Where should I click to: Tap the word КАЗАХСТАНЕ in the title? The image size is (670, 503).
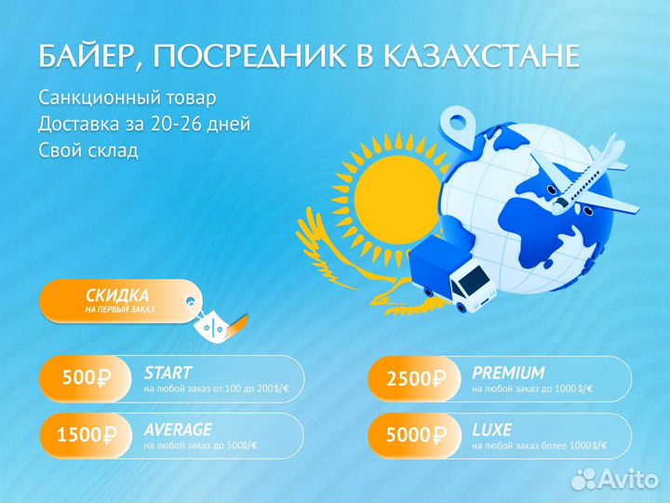pos(481,55)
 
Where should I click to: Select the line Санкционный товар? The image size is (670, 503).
pos(127,98)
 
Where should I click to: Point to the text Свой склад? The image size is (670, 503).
pos(88,150)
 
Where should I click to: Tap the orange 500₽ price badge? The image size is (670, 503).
pos(86,378)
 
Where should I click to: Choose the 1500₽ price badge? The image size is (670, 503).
pos(86,435)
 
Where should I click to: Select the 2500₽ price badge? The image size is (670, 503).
pos(415,378)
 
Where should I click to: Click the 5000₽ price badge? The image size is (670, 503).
pos(415,435)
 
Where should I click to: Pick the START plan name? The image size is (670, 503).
pos(167,373)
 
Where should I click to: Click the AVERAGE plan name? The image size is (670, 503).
pos(178,429)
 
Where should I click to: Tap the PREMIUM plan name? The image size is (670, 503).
pos(508,373)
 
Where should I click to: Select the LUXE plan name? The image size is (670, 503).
pos(492,429)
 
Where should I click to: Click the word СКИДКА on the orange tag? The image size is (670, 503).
pos(117,295)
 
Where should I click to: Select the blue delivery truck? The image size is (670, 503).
pos(452,273)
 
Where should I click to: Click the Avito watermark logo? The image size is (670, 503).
pos(615,479)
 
